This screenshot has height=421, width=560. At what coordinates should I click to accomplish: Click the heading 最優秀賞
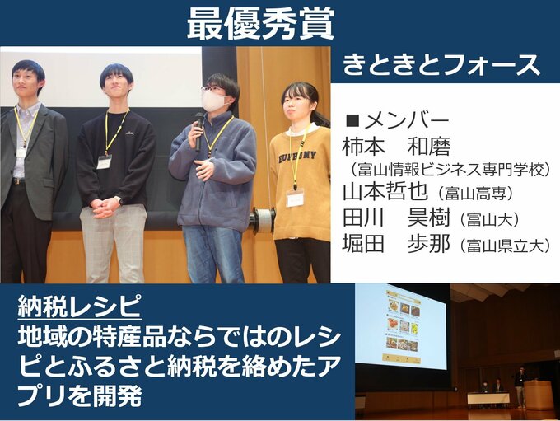260,23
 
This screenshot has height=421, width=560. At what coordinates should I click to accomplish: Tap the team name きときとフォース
441,65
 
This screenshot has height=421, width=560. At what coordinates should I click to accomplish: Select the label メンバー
406,121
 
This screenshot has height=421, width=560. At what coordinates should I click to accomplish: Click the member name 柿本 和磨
396,147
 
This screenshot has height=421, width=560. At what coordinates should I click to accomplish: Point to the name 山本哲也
385,192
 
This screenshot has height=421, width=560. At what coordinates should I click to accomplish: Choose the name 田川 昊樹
396,217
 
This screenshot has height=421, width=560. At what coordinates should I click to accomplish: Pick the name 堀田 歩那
396,245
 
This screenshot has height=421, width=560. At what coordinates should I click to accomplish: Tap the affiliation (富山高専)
474,194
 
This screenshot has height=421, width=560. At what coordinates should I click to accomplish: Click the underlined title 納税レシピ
79,306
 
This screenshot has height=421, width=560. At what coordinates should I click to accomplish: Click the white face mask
214,100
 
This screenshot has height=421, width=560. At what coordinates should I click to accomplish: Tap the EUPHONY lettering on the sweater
297,157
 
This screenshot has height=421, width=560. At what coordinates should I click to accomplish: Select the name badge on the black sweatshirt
104,162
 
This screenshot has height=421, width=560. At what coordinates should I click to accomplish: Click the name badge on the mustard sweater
295,199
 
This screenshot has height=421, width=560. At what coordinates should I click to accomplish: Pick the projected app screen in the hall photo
403,325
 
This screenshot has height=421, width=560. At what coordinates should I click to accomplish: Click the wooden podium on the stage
539,395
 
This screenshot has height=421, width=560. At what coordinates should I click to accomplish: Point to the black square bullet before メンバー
353,121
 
